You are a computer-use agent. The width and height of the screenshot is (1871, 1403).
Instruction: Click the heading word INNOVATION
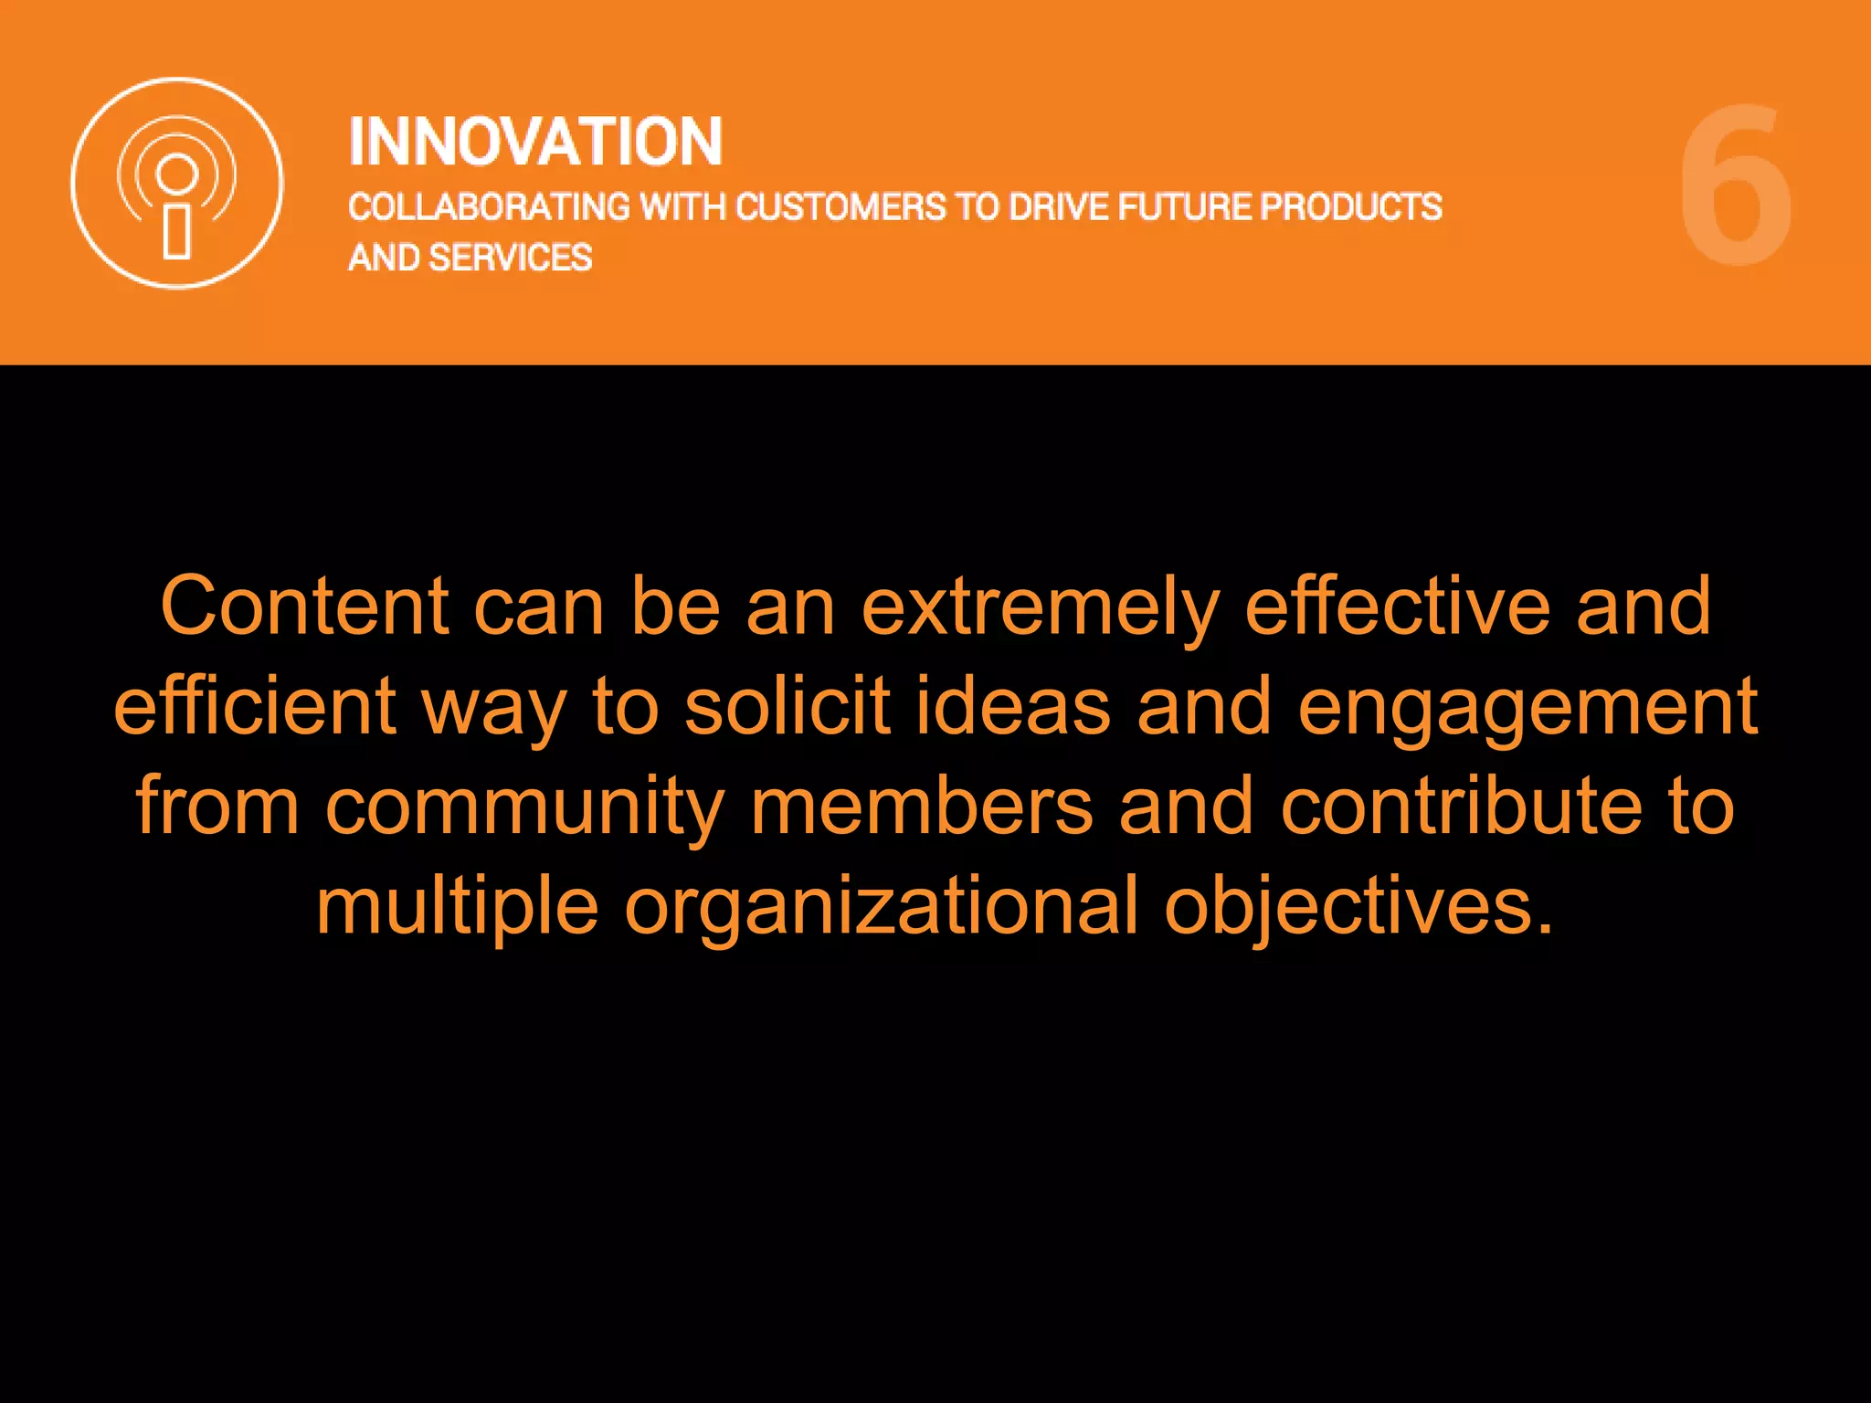pyautogui.click(x=535, y=142)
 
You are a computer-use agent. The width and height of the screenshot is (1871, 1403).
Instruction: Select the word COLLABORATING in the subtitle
pyautogui.click(x=489, y=207)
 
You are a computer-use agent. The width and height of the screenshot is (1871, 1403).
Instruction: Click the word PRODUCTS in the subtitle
pyautogui.click(x=1351, y=207)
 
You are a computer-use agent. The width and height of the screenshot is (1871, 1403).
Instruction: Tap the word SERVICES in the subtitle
pyautogui.click(x=511, y=258)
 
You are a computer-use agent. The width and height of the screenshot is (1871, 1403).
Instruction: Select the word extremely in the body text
pyautogui.click(x=1041, y=607)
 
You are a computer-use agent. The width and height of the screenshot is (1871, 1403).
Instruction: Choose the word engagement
pyautogui.click(x=1527, y=708)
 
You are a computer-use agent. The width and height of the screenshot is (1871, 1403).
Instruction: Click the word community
pyautogui.click(x=525, y=807)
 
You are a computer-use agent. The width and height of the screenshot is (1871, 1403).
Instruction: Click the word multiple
pyautogui.click(x=458, y=906)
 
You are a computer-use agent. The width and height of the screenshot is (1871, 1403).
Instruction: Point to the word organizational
pyautogui.click(x=882, y=906)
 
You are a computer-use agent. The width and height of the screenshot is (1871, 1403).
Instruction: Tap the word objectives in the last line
pyautogui.click(x=1358, y=906)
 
